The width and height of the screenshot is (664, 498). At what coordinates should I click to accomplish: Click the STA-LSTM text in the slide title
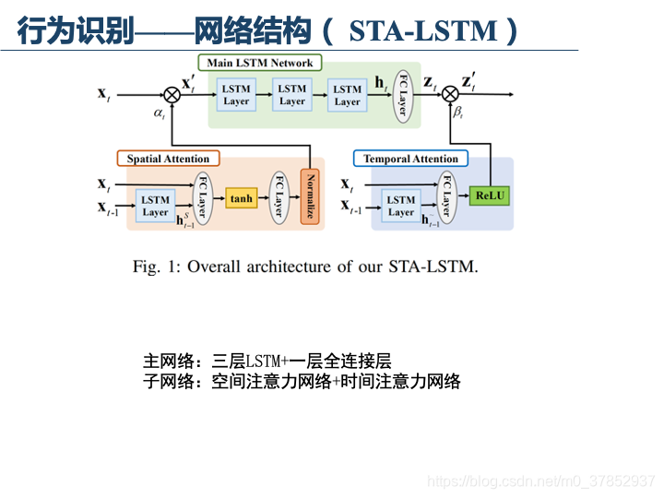click(423, 32)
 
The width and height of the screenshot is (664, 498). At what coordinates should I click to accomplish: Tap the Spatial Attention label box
click(168, 159)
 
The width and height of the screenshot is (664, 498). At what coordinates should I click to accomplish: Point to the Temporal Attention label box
click(410, 159)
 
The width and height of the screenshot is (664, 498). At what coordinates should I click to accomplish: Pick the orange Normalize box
click(310, 197)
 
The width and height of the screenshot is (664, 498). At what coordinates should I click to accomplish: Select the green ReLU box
click(489, 196)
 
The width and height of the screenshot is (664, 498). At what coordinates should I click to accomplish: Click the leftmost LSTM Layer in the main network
click(236, 95)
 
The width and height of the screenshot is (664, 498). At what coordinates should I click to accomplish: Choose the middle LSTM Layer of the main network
click(291, 95)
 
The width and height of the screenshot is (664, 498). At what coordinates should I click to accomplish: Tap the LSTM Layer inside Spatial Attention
click(155, 206)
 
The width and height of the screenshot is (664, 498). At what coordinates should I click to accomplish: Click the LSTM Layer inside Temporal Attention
click(400, 206)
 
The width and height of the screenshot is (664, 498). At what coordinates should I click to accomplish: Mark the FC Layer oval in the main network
click(401, 92)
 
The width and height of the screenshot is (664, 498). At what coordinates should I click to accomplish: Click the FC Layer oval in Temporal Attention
click(447, 197)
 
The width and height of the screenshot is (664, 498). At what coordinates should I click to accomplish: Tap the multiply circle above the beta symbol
click(450, 93)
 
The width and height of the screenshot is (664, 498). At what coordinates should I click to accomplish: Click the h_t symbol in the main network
click(381, 84)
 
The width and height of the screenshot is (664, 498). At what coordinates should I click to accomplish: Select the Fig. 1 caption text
click(305, 267)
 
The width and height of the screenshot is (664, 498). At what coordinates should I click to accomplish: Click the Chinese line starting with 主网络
click(267, 361)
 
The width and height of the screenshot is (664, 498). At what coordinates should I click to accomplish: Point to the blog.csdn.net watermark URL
click(542, 480)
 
